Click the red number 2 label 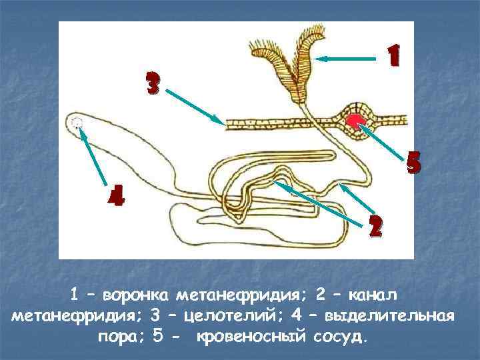point(375,227)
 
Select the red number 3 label point(153,83)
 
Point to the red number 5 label point(413,163)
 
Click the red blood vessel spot point(355,120)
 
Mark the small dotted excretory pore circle point(77,122)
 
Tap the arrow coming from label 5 point(384,140)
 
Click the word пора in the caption point(121,334)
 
